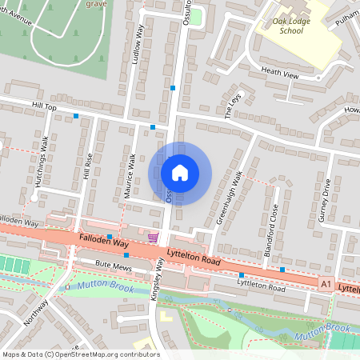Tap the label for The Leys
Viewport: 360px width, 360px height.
pos(234,105)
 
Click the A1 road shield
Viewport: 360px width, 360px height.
pos(325,283)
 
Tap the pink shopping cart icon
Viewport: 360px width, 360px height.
pos(153,238)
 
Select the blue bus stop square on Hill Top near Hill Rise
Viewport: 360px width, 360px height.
pos(76,116)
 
